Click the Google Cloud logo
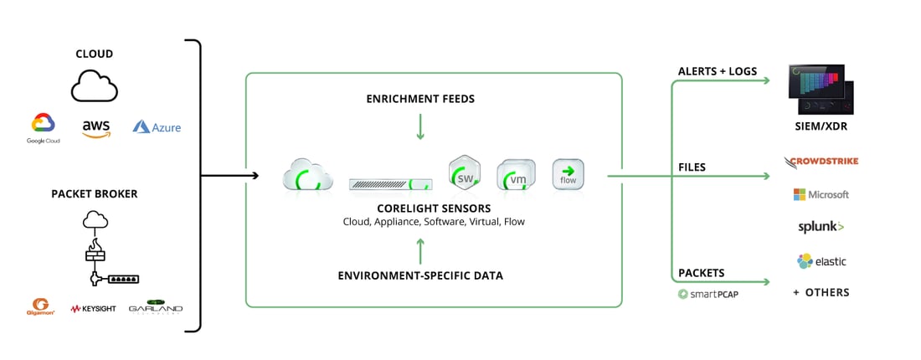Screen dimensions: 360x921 43,128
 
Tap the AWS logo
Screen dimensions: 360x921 96,128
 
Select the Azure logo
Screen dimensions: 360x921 157,127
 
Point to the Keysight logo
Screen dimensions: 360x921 93,308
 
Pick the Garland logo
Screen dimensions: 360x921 155,307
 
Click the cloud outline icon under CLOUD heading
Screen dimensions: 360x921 95,85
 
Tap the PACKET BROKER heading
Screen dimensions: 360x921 93,194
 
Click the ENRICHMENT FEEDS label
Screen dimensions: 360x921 420,99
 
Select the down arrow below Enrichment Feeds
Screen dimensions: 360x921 420,126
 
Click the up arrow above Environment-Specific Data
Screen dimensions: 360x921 420,248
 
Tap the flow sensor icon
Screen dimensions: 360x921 568,175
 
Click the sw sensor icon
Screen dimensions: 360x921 464,174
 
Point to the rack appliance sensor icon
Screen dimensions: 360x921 390,183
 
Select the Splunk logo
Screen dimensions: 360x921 821,227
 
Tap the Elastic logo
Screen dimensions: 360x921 821,261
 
